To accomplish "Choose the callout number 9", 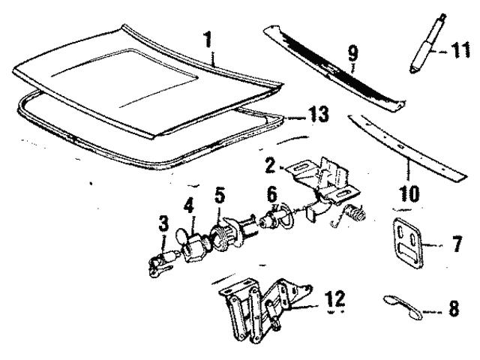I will click(352, 54).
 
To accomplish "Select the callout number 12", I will click(335, 298).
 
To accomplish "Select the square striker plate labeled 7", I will click(408, 241).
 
